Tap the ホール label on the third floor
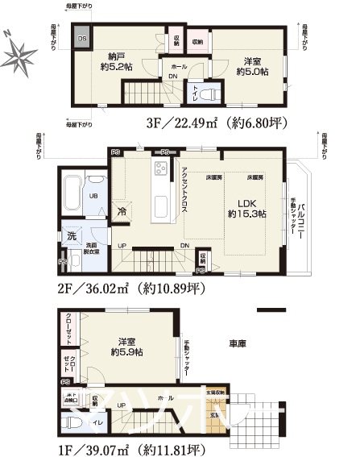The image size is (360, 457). pos(180,66)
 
